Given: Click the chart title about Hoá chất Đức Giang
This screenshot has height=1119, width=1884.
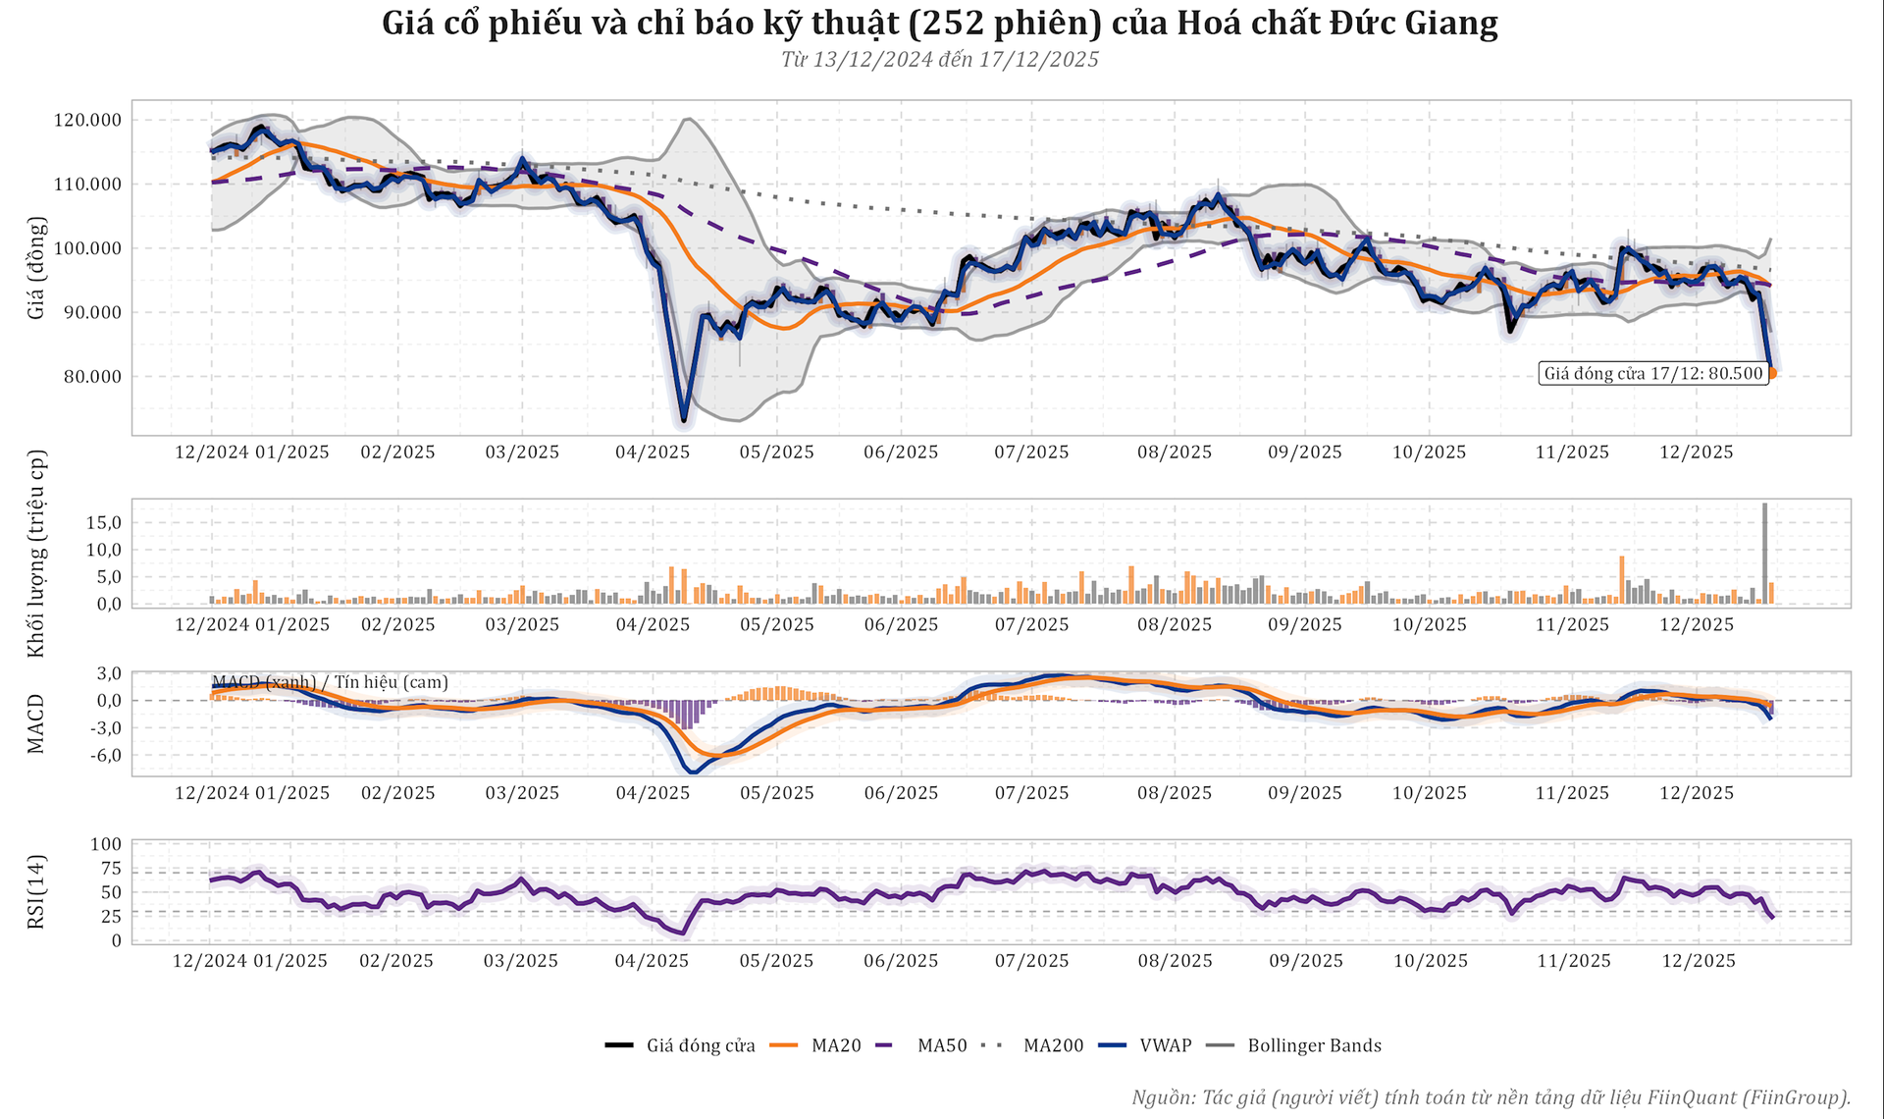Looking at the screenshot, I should point(940,24).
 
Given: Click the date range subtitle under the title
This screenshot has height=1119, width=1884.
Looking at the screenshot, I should point(940,60).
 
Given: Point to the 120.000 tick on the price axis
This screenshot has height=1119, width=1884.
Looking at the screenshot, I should point(87,121).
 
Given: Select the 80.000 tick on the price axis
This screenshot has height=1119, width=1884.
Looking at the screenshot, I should point(87,377).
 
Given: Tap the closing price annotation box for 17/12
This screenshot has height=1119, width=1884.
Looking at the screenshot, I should point(1653,373).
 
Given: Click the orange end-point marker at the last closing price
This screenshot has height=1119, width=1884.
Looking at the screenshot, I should point(1771,373).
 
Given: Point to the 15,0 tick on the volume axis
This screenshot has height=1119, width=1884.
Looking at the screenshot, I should point(102,522).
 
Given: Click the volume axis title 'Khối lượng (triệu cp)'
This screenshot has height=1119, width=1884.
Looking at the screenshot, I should point(37,554).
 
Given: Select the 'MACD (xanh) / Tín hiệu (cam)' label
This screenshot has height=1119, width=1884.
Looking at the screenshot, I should point(330,682).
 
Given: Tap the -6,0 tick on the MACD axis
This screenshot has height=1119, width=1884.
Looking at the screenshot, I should point(102,755).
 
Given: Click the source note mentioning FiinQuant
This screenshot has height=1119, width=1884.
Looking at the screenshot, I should point(1491,1096).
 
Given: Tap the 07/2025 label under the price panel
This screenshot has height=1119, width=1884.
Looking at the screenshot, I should point(1031,453).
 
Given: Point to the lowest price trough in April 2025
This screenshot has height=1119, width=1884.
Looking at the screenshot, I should point(684,420).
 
